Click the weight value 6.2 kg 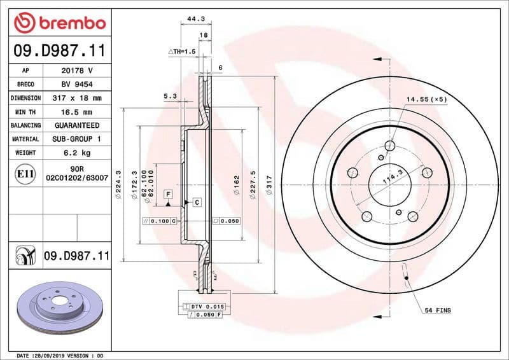(x=77, y=153)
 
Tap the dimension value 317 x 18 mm (x=77, y=98)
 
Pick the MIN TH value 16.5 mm (x=77, y=112)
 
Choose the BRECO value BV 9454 (x=77, y=84)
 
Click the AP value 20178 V (x=77, y=71)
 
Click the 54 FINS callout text (x=438, y=310)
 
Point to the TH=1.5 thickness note (x=182, y=51)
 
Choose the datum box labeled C (x=197, y=202)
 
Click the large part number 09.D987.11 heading (x=59, y=50)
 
